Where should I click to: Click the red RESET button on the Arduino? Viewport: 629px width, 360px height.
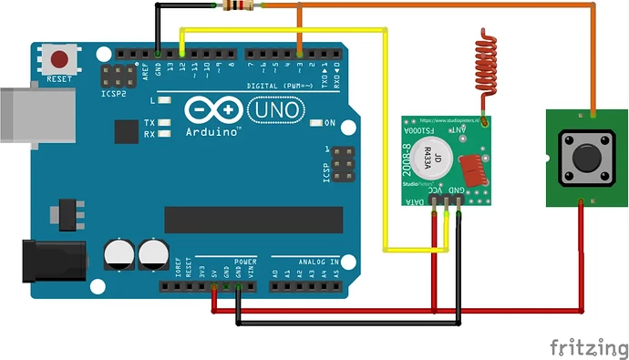pyautogui.click(x=60, y=60)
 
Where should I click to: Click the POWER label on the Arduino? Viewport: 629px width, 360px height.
pyautogui.click(x=244, y=262)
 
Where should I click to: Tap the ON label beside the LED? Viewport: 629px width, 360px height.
pyautogui.click(x=329, y=122)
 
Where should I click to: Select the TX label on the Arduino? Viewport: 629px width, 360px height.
pyautogui.click(x=150, y=122)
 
